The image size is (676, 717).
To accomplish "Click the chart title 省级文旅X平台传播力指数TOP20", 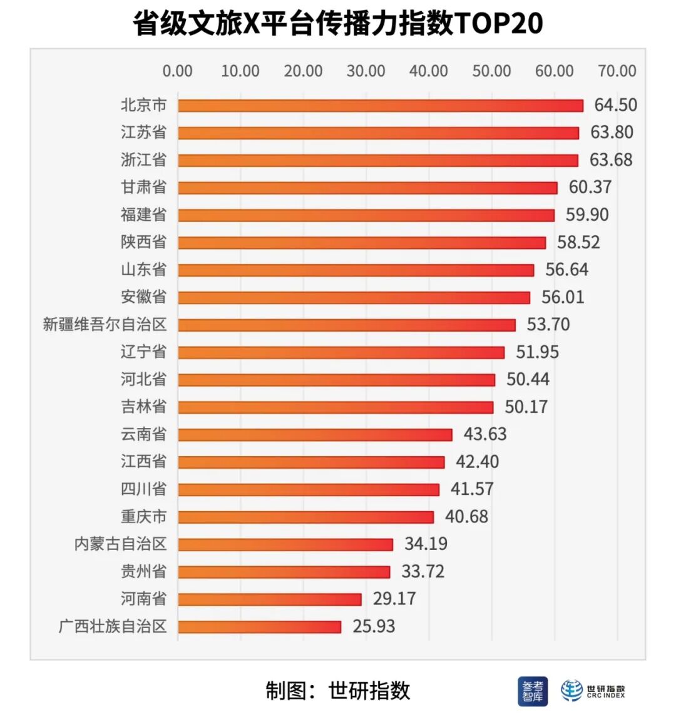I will click(x=337, y=24).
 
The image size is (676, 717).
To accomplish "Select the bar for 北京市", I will click(x=380, y=105).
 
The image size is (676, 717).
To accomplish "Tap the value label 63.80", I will click(x=612, y=133).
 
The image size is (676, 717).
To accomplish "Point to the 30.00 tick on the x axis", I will click(x=366, y=71).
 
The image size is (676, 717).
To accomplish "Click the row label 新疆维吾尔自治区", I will click(x=105, y=325).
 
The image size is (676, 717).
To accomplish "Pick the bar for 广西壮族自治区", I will click(x=259, y=626).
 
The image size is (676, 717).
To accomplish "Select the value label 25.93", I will click(x=374, y=626).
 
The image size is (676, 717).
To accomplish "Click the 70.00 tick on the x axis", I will click(x=617, y=71).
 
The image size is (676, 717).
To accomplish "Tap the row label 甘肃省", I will click(x=143, y=187).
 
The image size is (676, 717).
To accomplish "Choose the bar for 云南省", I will click(x=315, y=434).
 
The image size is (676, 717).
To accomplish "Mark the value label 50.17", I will click(x=526, y=407).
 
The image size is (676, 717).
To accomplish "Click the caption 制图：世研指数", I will click(x=337, y=691).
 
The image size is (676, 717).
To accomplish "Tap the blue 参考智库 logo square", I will click(x=533, y=691).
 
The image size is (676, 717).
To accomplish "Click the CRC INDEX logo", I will click(x=593, y=691).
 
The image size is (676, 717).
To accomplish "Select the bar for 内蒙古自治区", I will click(x=285, y=544).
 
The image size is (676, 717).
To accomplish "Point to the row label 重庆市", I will click(x=143, y=517).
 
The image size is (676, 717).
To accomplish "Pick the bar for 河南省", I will click(x=270, y=599).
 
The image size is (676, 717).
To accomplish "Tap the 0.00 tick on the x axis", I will click(x=178, y=71).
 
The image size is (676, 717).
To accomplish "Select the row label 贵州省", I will click(x=143, y=571).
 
